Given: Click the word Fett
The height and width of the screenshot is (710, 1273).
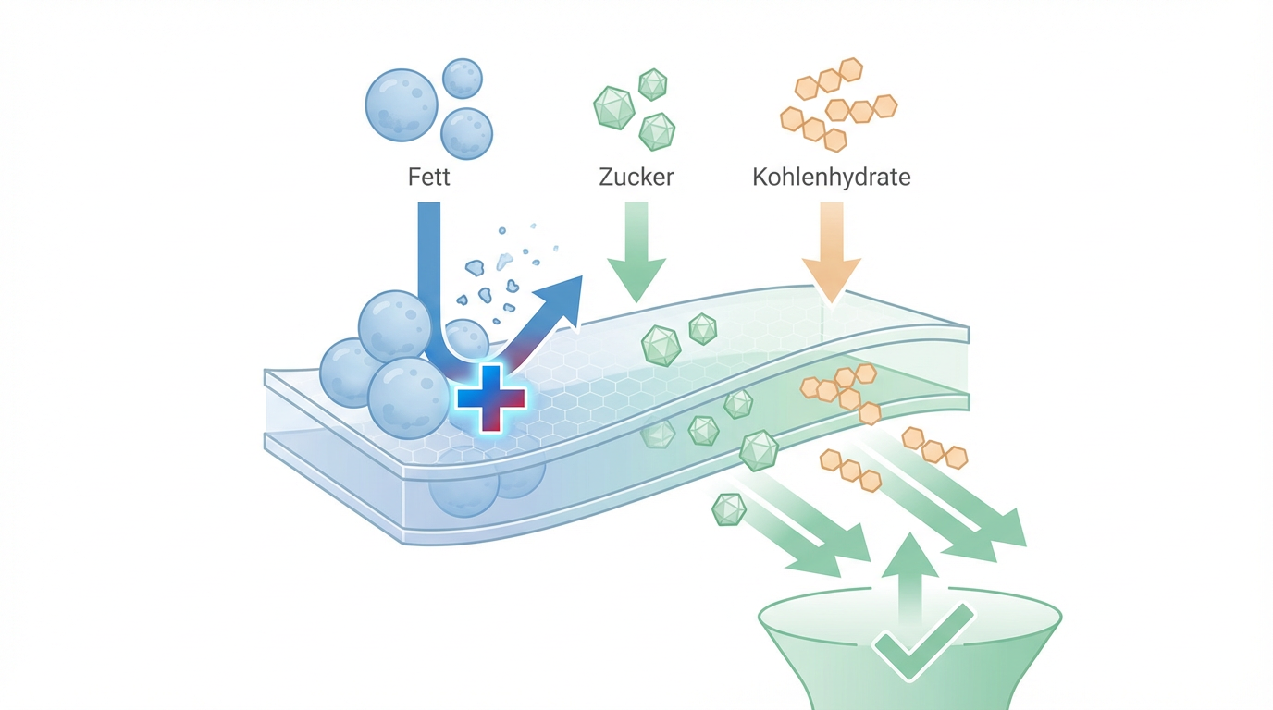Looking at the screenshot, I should (x=428, y=176).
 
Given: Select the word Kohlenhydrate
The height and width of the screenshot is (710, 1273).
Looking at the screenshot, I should (x=832, y=176).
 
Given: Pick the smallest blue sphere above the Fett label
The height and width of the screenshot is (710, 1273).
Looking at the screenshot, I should (x=462, y=79).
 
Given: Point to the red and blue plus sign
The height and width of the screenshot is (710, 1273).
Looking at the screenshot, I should (x=491, y=398).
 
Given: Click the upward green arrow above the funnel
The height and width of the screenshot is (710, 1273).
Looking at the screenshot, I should (x=910, y=564).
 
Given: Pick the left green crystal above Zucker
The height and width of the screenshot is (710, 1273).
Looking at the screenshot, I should (x=612, y=107).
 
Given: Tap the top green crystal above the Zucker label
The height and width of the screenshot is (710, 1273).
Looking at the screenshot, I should (x=653, y=84).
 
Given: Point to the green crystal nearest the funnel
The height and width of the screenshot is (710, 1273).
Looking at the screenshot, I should (x=729, y=509).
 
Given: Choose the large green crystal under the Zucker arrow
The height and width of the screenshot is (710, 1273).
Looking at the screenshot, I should (x=661, y=344).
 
